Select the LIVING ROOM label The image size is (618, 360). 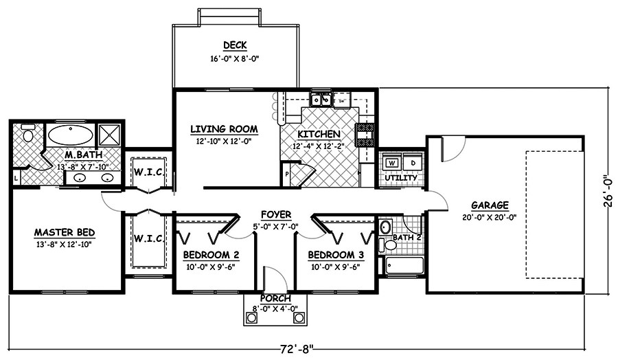(224, 128)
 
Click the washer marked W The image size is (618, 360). (392, 163)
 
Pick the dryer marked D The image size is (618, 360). (412, 163)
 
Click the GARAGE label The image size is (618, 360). (490, 205)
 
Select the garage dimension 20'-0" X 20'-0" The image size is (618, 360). (490, 216)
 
